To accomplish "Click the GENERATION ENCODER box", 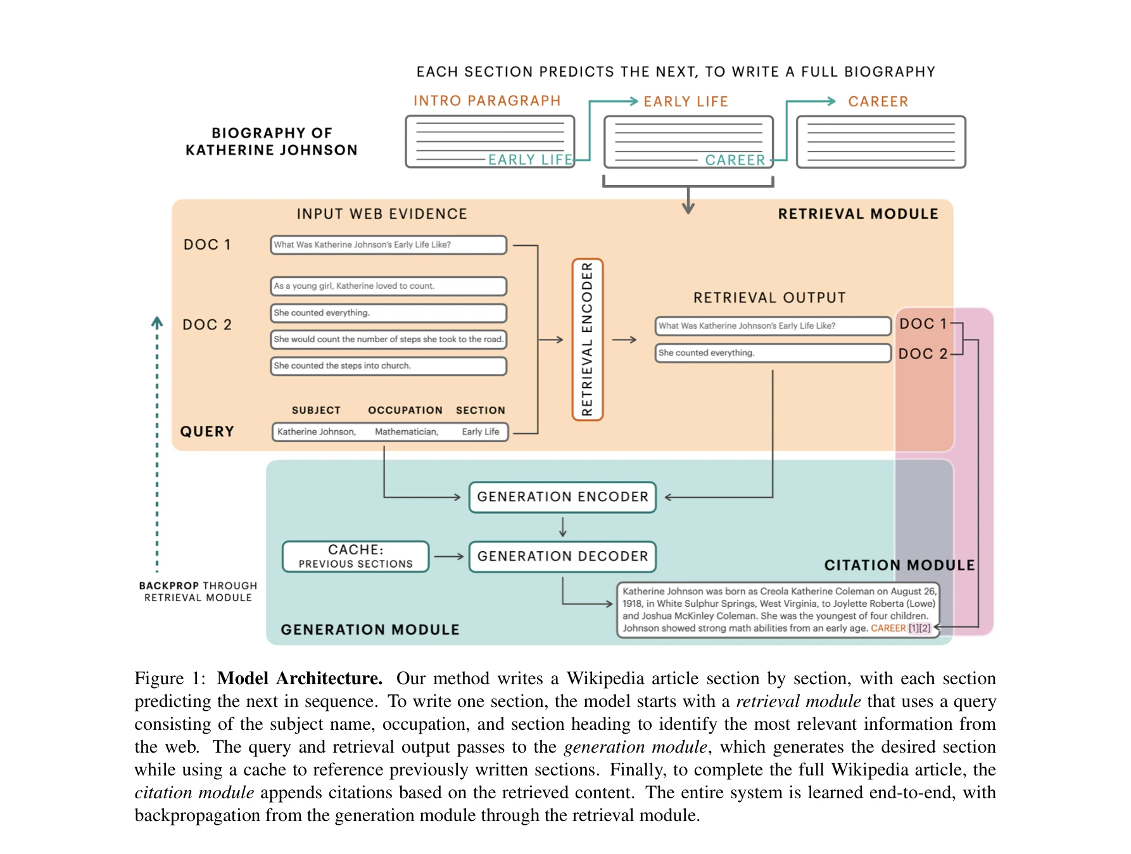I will (562, 497).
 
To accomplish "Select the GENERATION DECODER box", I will (562, 556).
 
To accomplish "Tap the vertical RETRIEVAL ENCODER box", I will (587, 340).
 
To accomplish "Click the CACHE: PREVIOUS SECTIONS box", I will (355, 556).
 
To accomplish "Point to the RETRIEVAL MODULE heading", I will (857, 214).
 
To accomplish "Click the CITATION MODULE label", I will (899, 565).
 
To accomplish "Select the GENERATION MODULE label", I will (370, 630).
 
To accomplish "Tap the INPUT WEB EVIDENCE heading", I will (382, 214).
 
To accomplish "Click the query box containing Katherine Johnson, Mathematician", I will (389, 432).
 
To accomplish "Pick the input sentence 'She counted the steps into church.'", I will (388, 366).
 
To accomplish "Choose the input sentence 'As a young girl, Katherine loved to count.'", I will (388, 286).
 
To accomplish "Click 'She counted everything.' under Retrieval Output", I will (773, 353).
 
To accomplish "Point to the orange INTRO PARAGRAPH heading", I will (487, 101).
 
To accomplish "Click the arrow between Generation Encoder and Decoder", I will (562, 526).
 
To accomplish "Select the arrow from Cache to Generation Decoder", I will (449, 556).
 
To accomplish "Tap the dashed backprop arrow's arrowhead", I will (157, 321).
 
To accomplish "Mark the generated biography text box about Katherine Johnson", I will (778, 609).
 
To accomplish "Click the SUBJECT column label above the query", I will (316, 411).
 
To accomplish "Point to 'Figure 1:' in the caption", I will (170, 679).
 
